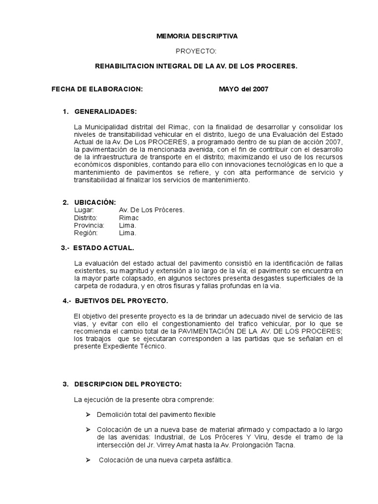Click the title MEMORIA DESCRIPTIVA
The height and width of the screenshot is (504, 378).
pos(196,36)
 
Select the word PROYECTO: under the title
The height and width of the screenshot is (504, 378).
pos(196,51)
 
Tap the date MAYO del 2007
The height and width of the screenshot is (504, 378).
pos(244,89)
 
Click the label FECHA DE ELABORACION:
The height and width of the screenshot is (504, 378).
pos(97,89)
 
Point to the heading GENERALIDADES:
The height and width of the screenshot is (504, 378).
pos(105,111)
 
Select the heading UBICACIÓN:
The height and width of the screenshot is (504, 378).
pos(95,202)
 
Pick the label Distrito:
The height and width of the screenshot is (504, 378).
pos(86,218)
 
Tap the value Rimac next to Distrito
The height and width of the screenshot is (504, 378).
pos(129,218)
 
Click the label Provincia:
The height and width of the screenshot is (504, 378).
pos(89,225)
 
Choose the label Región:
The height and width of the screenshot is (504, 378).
pos(86,233)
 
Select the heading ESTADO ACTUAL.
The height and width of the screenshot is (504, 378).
pos(104,248)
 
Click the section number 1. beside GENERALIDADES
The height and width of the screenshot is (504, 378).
pos(65,111)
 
